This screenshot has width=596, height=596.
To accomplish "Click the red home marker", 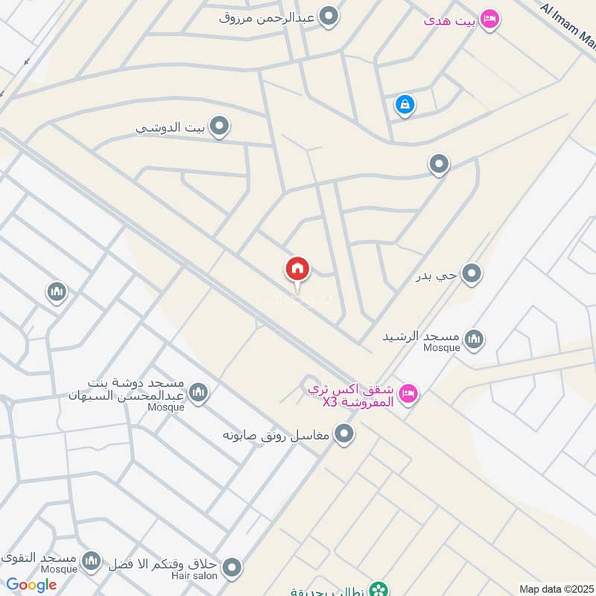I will click(297, 269).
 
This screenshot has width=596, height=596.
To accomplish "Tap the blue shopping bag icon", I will click(404, 104).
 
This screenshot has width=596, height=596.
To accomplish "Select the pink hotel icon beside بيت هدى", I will click(489, 19).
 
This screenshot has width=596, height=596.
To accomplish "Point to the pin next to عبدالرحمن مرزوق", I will click(328, 16).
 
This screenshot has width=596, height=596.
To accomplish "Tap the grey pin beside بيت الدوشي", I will click(218, 127).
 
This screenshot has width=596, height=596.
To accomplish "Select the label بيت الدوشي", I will click(171, 127).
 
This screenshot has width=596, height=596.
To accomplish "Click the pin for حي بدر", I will click(471, 275).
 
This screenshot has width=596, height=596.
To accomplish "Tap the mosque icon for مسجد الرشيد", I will click(473, 340).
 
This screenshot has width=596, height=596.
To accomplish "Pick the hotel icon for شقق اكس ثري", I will click(408, 392).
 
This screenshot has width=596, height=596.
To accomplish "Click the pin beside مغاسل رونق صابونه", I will click(343, 433).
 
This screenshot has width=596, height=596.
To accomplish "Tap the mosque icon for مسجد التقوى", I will click(91, 560).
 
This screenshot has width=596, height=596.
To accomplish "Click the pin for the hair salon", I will click(232, 568).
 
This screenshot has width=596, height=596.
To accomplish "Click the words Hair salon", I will click(198, 576).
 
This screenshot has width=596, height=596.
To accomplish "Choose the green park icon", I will click(380, 589).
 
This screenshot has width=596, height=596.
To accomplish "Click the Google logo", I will click(32, 585).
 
